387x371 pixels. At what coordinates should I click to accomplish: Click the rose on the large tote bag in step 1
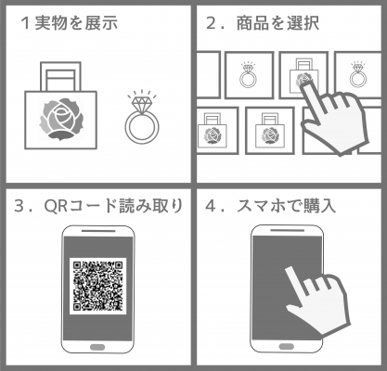(x=61, y=120)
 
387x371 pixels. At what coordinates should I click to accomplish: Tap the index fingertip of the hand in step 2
(x=305, y=85)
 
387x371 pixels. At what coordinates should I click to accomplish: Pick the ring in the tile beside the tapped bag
(x=249, y=75)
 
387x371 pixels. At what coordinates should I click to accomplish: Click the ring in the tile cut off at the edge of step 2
(x=358, y=75)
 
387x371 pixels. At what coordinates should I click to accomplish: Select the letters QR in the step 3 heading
(x=56, y=206)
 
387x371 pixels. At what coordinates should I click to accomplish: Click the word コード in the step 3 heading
(x=91, y=206)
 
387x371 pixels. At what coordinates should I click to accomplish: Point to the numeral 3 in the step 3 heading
(x=19, y=206)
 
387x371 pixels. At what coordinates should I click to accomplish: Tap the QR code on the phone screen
(x=97, y=286)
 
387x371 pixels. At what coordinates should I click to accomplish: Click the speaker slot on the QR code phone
(x=98, y=231)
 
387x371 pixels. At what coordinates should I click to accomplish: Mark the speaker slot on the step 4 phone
(x=288, y=230)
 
